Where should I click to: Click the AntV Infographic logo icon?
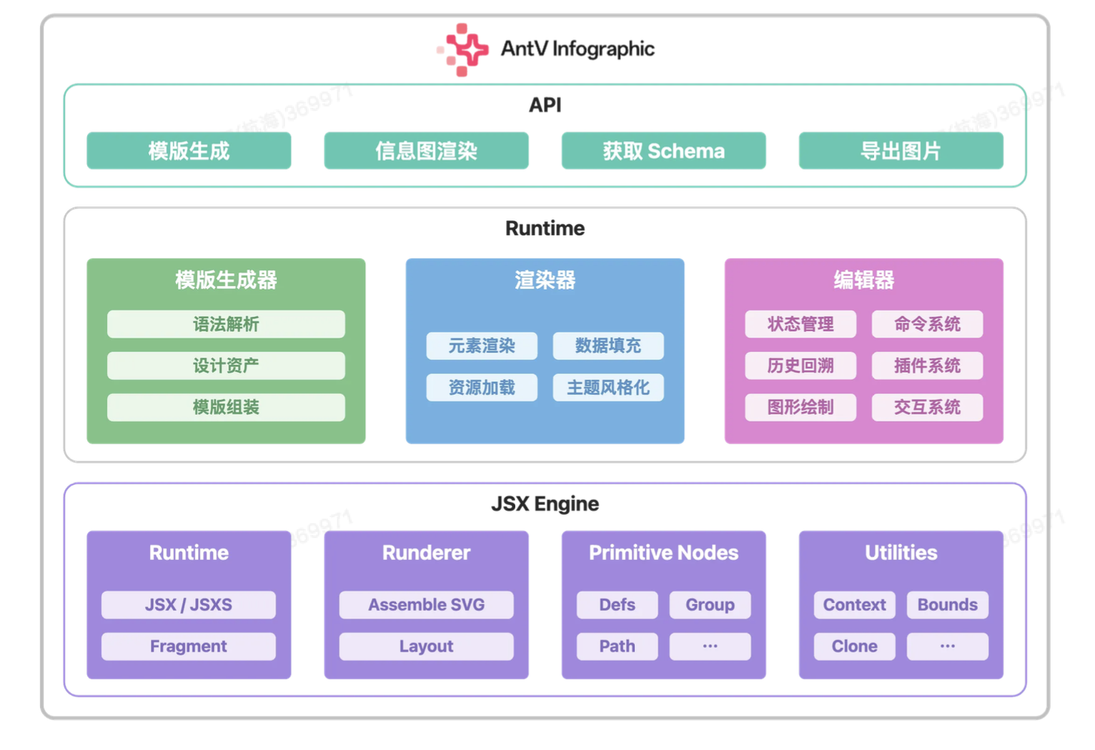tap(463, 49)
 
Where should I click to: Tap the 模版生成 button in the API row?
tap(189, 151)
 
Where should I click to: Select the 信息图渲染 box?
tap(426, 151)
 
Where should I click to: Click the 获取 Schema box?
tap(663, 151)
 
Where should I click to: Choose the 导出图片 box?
tap(901, 151)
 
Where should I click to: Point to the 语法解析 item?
tap(226, 324)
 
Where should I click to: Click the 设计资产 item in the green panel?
tap(226, 366)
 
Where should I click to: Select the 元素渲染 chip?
tap(482, 346)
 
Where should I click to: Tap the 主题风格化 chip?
tap(608, 388)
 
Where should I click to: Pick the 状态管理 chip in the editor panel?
tap(801, 324)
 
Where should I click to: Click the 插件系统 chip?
tap(927, 366)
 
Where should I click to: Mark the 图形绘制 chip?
tap(801, 407)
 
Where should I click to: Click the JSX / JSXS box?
tap(189, 604)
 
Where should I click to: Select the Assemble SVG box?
tap(426, 604)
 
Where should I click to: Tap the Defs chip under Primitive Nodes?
tap(617, 604)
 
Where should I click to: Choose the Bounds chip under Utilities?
tap(947, 604)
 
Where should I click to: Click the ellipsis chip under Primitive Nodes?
tap(710, 646)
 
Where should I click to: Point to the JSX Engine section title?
tap(545, 504)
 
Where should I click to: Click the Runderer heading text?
tap(426, 552)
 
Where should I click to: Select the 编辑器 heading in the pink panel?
tap(863, 280)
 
